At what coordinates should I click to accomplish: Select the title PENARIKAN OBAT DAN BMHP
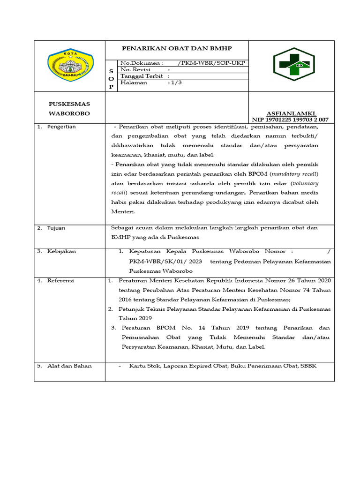177,48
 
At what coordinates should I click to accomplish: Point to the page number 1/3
176,82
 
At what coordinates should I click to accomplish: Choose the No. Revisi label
136,69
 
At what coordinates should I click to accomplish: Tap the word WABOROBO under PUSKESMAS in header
69,113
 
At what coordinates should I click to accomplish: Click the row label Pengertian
61,127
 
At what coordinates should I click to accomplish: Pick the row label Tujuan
56,228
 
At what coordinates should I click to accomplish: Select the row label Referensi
60,280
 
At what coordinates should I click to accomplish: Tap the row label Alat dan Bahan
69,366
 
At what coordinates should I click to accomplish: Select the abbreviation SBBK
308,366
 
